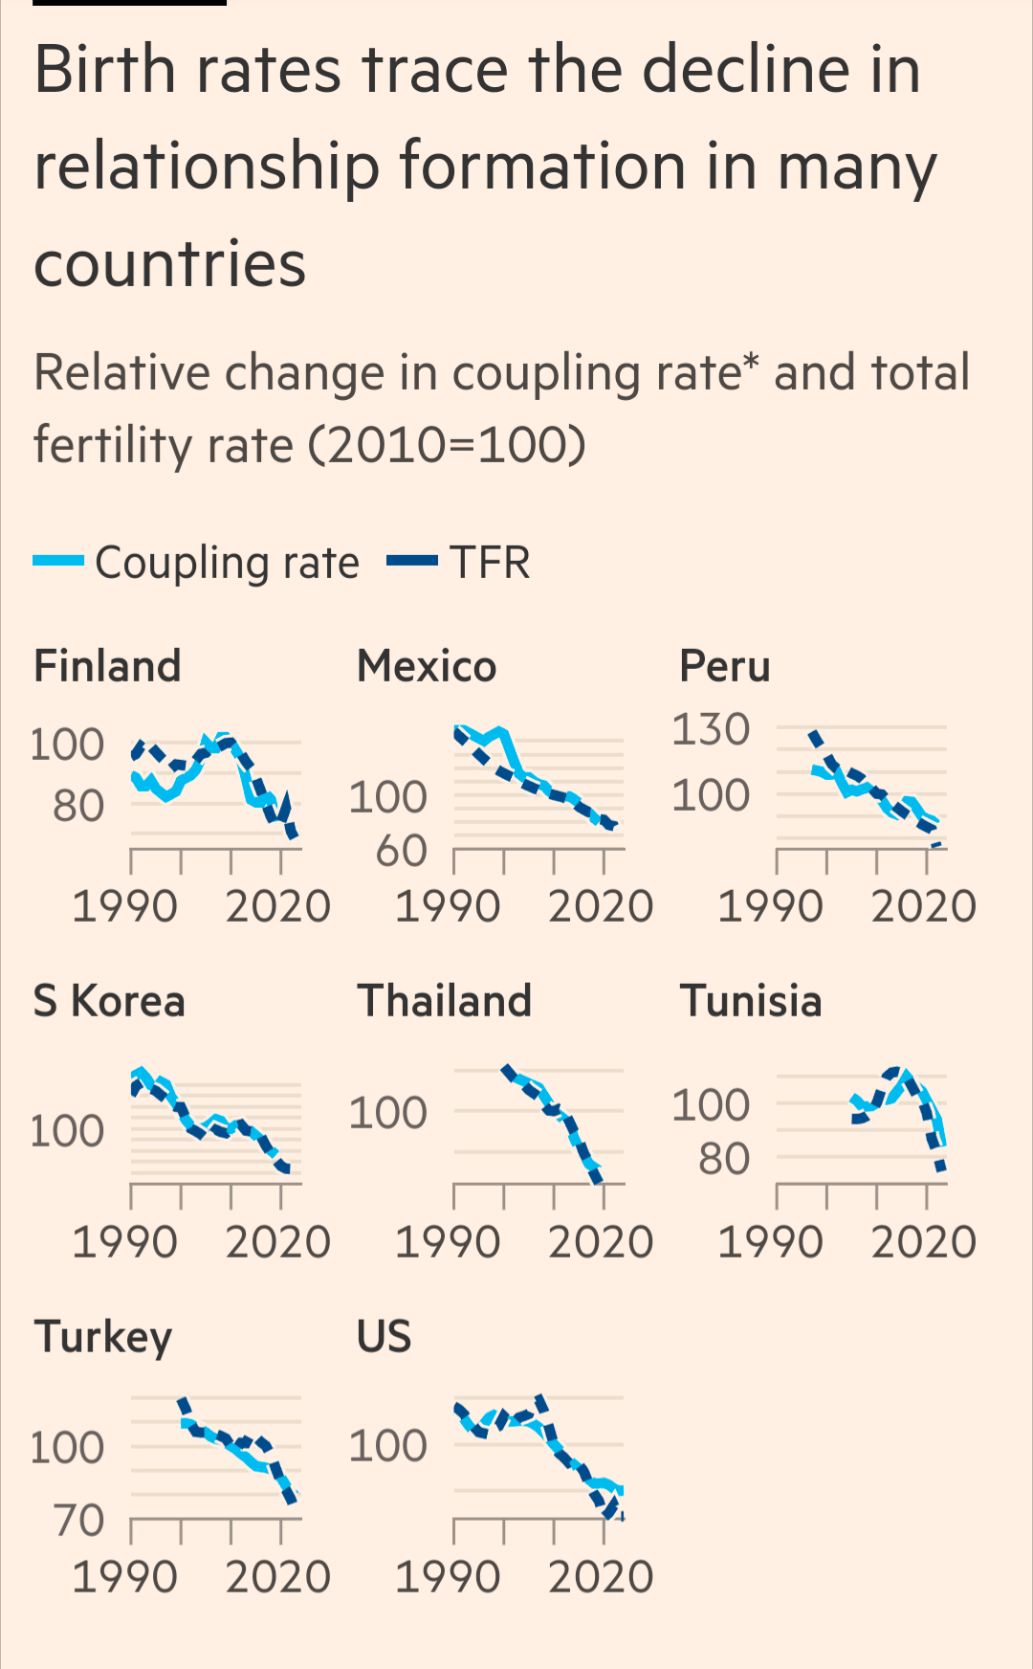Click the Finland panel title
point(107,666)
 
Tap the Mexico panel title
point(427,666)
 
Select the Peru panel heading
point(724,666)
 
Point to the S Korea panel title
point(109,1001)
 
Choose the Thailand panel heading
point(444,1001)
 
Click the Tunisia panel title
point(751,1001)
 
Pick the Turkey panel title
point(103,1337)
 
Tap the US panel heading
point(384,1336)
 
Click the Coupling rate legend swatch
point(58,562)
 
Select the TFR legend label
point(490,563)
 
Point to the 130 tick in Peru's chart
point(711,729)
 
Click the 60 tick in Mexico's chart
point(401,850)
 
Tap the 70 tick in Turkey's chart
point(78,1520)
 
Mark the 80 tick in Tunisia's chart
point(724,1159)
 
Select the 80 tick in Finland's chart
point(78,806)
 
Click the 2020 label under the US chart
point(601,1577)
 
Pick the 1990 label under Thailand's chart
point(448,1242)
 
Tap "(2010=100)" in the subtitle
point(448,445)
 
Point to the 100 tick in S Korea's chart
point(67,1131)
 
